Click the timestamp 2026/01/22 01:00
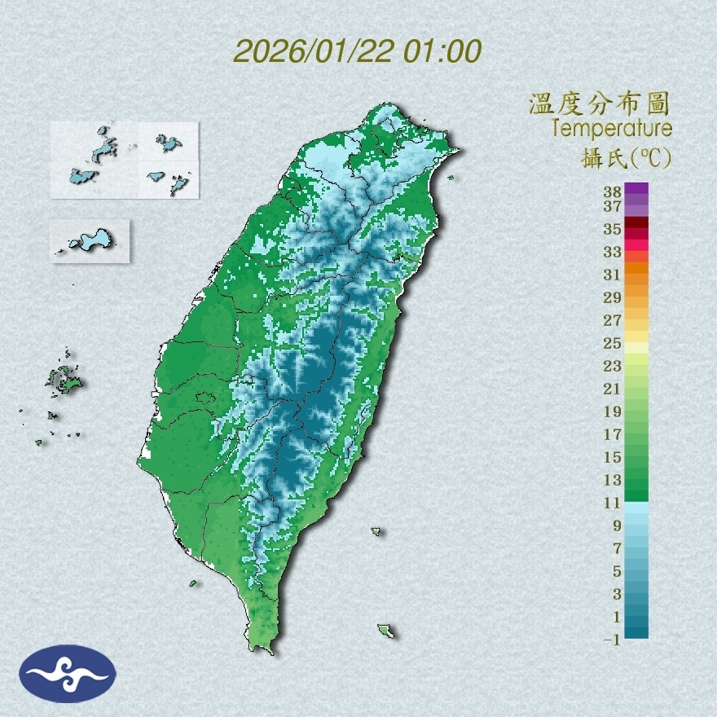point(358,51)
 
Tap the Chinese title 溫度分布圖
point(599,104)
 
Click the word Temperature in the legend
point(612,128)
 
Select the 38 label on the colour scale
point(613,192)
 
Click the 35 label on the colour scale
point(613,229)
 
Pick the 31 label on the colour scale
point(613,274)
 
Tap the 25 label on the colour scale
point(613,342)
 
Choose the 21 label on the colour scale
point(613,389)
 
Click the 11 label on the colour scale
point(613,503)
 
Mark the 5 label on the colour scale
point(617,570)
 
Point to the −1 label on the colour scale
point(613,640)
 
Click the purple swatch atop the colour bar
point(637,189)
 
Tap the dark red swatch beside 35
point(637,223)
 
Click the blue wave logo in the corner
point(68,674)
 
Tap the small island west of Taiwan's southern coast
point(193,583)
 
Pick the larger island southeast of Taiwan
point(385,631)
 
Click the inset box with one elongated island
point(90,240)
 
